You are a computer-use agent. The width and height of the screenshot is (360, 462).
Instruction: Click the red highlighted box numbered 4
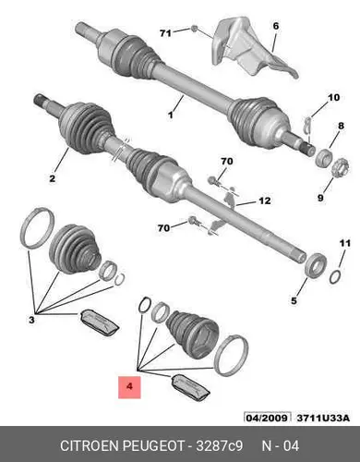(x=129, y=387)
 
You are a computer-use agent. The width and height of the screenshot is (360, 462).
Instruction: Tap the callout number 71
(x=165, y=32)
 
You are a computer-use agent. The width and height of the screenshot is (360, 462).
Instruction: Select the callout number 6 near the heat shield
(x=276, y=26)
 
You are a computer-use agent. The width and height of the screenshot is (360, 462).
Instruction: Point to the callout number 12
(x=265, y=201)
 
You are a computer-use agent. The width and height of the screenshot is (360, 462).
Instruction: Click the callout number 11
(x=345, y=243)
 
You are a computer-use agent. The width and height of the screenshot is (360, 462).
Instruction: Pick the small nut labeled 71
(x=194, y=29)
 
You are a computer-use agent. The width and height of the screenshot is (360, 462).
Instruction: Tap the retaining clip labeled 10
(x=307, y=125)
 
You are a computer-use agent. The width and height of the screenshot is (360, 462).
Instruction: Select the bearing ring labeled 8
(x=325, y=155)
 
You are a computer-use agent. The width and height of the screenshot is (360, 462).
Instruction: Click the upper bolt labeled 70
(x=214, y=181)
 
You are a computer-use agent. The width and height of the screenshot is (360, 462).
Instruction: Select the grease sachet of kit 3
(x=99, y=322)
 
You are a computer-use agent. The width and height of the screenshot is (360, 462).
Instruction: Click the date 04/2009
(x=267, y=418)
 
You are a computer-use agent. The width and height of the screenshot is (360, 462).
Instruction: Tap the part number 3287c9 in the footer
(x=220, y=445)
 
